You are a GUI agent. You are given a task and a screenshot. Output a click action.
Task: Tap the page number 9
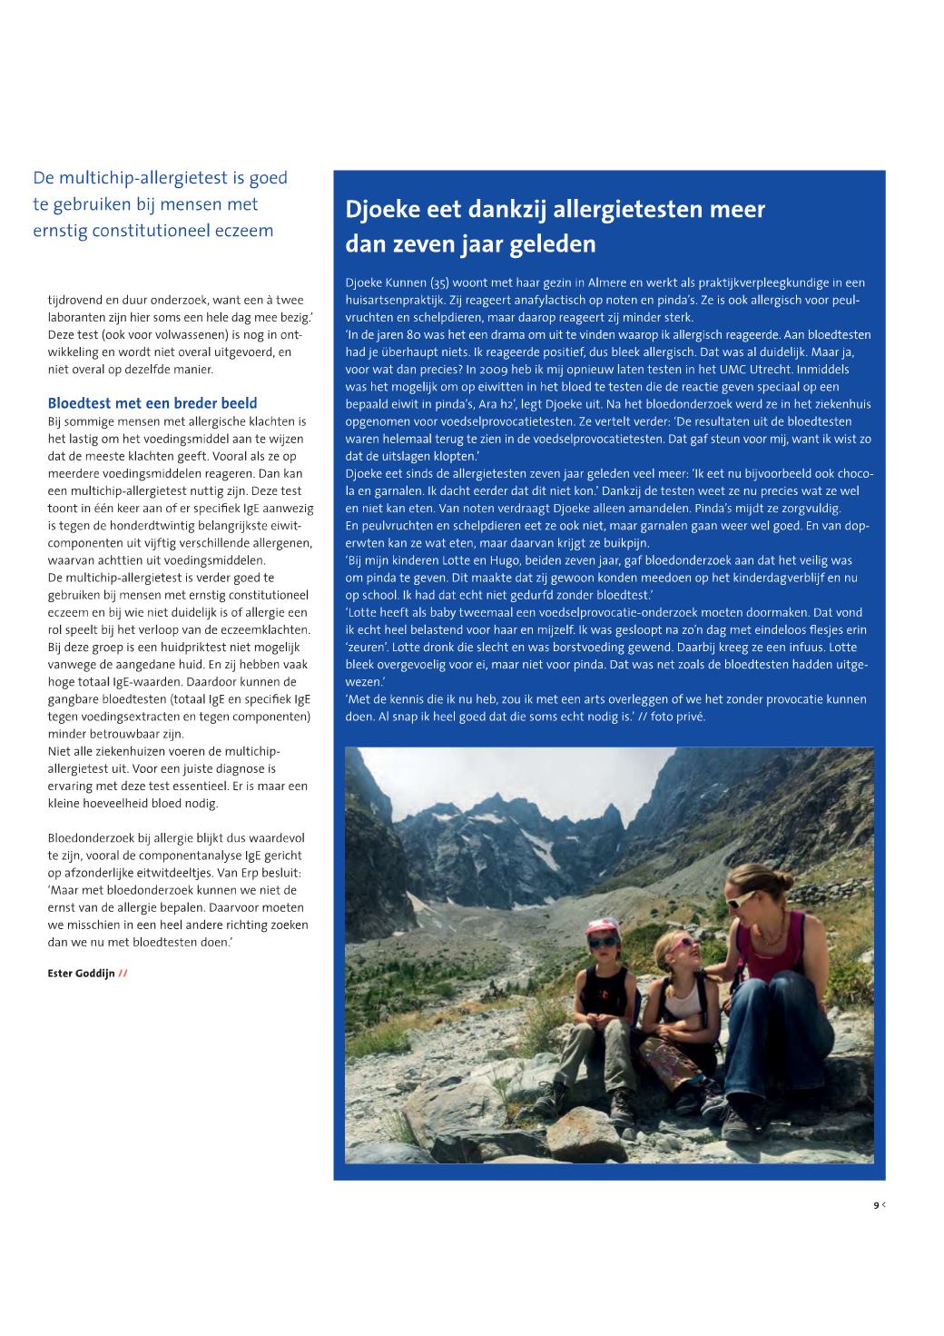click(876, 1205)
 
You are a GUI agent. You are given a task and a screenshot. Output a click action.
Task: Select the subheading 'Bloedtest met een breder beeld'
click(152, 403)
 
